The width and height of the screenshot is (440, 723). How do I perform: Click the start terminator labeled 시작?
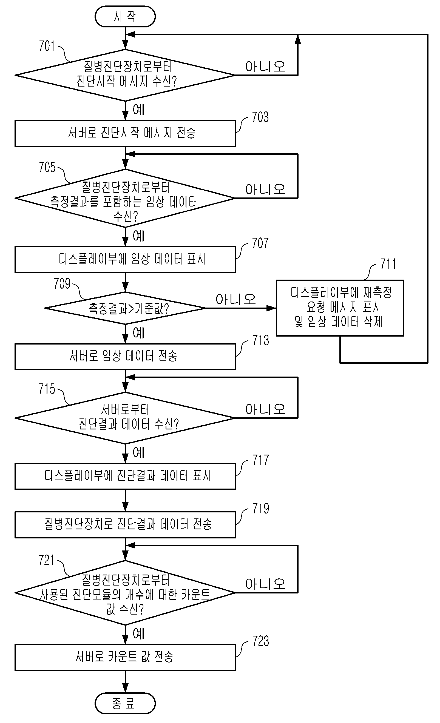click(x=125, y=16)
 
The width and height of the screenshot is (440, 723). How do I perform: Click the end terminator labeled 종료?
click(x=125, y=703)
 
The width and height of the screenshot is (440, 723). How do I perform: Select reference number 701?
click(x=47, y=46)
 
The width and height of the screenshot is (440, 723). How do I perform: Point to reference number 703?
click(x=260, y=117)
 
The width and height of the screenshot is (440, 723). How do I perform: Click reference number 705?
click(x=47, y=167)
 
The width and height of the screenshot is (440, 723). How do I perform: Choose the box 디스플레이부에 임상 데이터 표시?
click(x=125, y=259)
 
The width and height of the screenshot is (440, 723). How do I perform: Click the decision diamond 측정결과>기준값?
click(x=125, y=308)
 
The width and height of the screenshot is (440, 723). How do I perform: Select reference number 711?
click(x=388, y=264)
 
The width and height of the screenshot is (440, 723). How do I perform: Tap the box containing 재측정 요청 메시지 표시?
click(x=340, y=308)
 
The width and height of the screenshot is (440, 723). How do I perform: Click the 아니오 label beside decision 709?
click(x=235, y=299)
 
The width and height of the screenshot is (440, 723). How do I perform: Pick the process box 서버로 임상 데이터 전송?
click(x=125, y=357)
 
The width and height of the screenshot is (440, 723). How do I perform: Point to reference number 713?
click(x=260, y=340)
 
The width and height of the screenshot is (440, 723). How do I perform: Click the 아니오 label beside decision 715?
click(x=265, y=409)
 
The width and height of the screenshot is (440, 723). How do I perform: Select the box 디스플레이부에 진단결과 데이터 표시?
click(x=125, y=476)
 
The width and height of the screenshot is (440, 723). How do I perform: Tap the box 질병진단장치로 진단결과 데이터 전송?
click(x=125, y=525)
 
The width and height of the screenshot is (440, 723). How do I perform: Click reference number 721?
click(x=46, y=560)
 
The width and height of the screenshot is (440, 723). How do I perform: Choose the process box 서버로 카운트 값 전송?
click(x=125, y=657)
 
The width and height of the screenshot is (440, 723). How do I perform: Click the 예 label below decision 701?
click(x=139, y=110)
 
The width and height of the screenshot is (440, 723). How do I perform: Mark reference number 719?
click(x=260, y=509)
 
